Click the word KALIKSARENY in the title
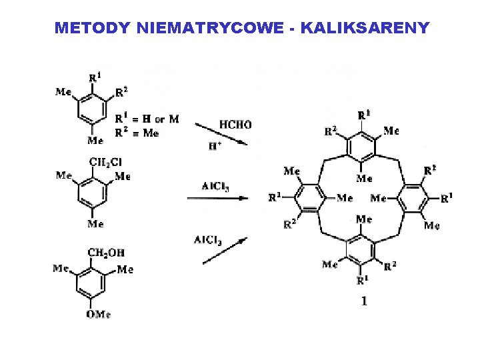[365, 29]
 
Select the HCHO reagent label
[235, 124]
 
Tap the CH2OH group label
[107, 253]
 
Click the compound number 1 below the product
[364, 301]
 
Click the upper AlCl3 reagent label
[217, 186]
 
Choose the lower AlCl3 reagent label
[207, 239]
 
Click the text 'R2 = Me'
[137, 133]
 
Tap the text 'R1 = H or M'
[147, 119]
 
